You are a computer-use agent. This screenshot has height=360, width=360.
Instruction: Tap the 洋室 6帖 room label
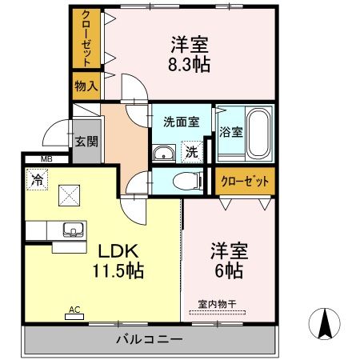pyautogui.click(x=229, y=260)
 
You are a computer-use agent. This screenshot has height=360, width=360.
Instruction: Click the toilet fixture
pyautogui.click(x=188, y=180)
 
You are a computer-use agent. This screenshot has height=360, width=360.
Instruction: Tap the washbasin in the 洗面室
pyautogui.click(x=164, y=154)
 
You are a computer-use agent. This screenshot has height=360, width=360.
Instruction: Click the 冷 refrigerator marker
pyautogui.click(x=36, y=179)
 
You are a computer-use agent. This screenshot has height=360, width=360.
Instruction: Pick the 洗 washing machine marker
pyautogui.click(x=192, y=150)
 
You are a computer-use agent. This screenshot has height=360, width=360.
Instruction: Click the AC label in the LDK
pyautogui.click(x=74, y=309)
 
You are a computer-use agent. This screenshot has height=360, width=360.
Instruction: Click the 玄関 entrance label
pyautogui.click(x=86, y=141)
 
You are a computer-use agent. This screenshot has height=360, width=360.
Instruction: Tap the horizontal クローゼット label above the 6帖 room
pyautogui.click(x=244, y=182)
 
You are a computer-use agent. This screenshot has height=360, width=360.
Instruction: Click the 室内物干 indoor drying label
pyautogui.click(x=217, y=303)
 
